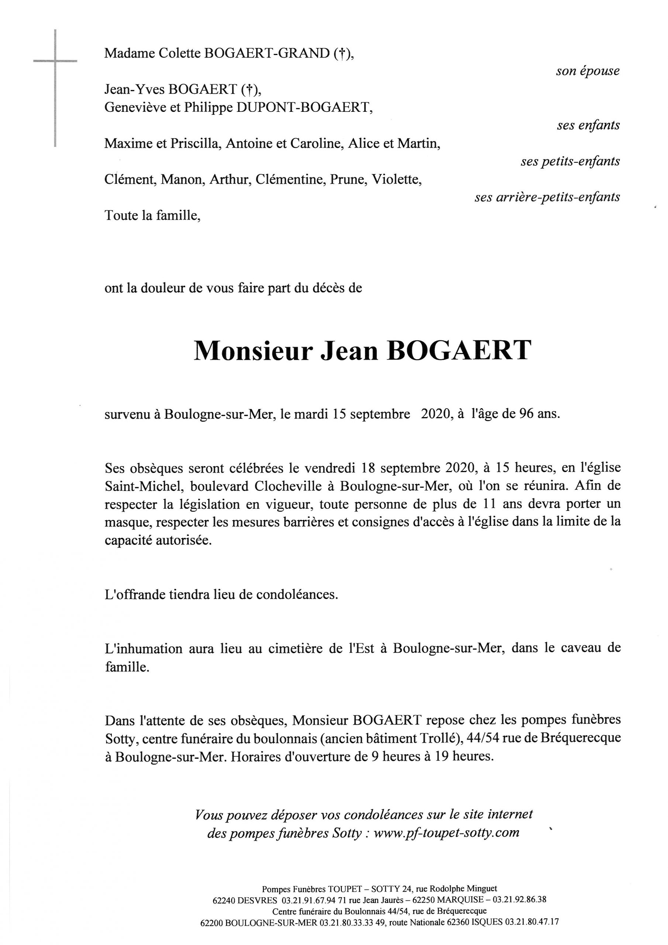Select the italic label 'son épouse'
[587, 71]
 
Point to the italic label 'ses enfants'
[588, 125]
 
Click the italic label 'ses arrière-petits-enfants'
[547, 197]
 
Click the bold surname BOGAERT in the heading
[458, 351]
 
